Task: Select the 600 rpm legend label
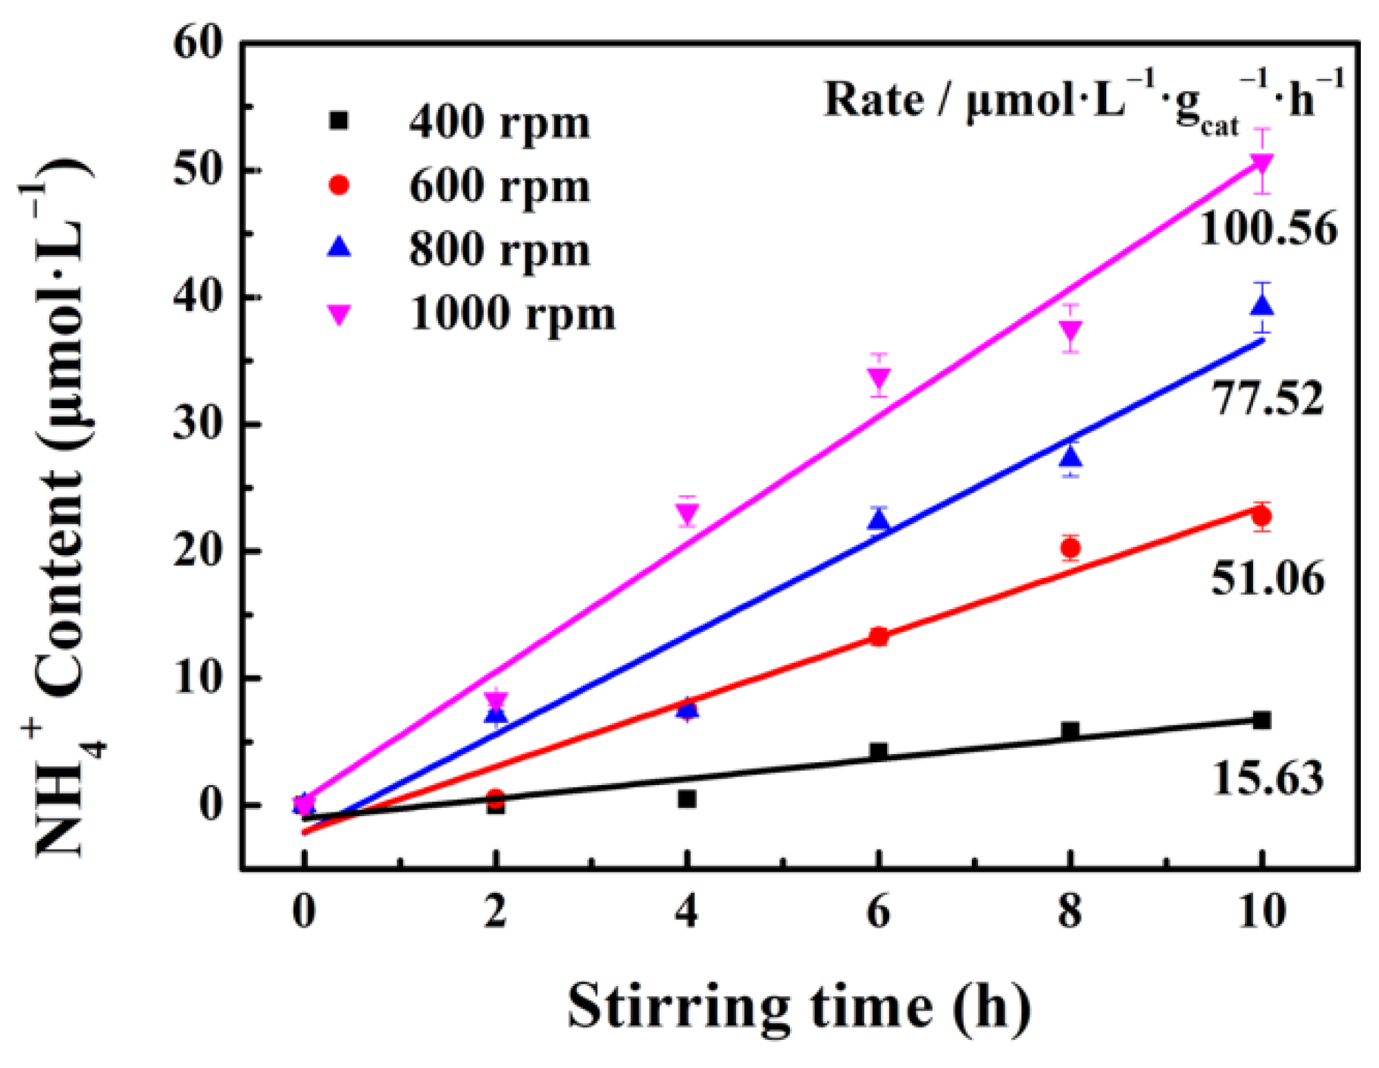tap(498, 186)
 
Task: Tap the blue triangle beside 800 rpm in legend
tap(339, 247)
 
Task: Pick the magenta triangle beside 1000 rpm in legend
tap(339, 314)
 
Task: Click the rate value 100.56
tap(1268, 228)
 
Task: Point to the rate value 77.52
tap(1268, 397)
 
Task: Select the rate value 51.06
tap(1268, 578)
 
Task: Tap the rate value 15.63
tap(1268, 778)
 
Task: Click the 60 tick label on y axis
tap(199, 43)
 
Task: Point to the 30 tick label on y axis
tap(199, 425)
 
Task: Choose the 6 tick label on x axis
tap(878, 912)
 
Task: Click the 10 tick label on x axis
tap(1262, 912)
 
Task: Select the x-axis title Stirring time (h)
tap(799, 1007)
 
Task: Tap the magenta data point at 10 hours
tap(1261, 164)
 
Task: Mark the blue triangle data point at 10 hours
tap(1261, 306)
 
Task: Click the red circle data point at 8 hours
tap(1070, 547)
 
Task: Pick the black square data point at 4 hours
tap(687, 799)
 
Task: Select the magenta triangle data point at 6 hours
tap(878, 377)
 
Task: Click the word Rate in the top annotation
tap(873, 100)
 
